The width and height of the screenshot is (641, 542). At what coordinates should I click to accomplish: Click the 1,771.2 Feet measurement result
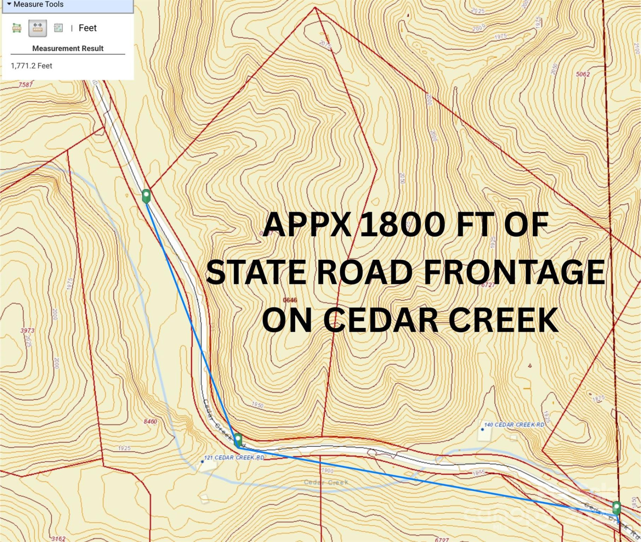tap(32, 66)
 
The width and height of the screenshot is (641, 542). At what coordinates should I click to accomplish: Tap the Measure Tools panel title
tap(38, 5)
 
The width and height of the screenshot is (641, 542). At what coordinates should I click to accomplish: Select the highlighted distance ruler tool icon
tap(37, 28)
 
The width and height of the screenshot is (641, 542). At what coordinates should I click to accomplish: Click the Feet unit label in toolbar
tap(87, 28)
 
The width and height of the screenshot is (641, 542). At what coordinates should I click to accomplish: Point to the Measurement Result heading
tap(68, 49)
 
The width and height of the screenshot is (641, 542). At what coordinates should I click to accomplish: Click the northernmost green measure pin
tap(146, 196)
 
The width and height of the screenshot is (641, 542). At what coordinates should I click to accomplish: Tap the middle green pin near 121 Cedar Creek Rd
tap(238, 439)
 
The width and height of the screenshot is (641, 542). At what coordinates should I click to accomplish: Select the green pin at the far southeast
tap(617, 508)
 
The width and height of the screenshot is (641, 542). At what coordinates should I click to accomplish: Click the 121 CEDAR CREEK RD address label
tap(234, 458)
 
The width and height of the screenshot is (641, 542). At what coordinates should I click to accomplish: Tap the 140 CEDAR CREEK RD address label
tap(514, 425)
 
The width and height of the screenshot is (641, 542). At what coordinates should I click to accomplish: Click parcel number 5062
tap(583, 74)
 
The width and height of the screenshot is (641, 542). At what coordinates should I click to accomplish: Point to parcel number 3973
tap(27, 330)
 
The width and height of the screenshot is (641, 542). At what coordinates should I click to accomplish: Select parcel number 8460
tap(150, 421)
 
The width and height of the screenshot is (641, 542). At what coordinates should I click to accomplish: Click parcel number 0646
tap(290, 300)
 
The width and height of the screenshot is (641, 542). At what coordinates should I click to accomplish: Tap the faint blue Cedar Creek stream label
tap(326, 482)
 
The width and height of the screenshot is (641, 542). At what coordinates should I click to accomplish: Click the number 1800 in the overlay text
tap(402, 225)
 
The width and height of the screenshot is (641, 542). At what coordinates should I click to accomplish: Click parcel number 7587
tap(26, 85)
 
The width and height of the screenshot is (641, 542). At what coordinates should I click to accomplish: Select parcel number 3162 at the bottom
tap(58, 539)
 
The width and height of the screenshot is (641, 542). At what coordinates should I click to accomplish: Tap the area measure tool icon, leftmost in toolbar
tap(17, 28)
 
